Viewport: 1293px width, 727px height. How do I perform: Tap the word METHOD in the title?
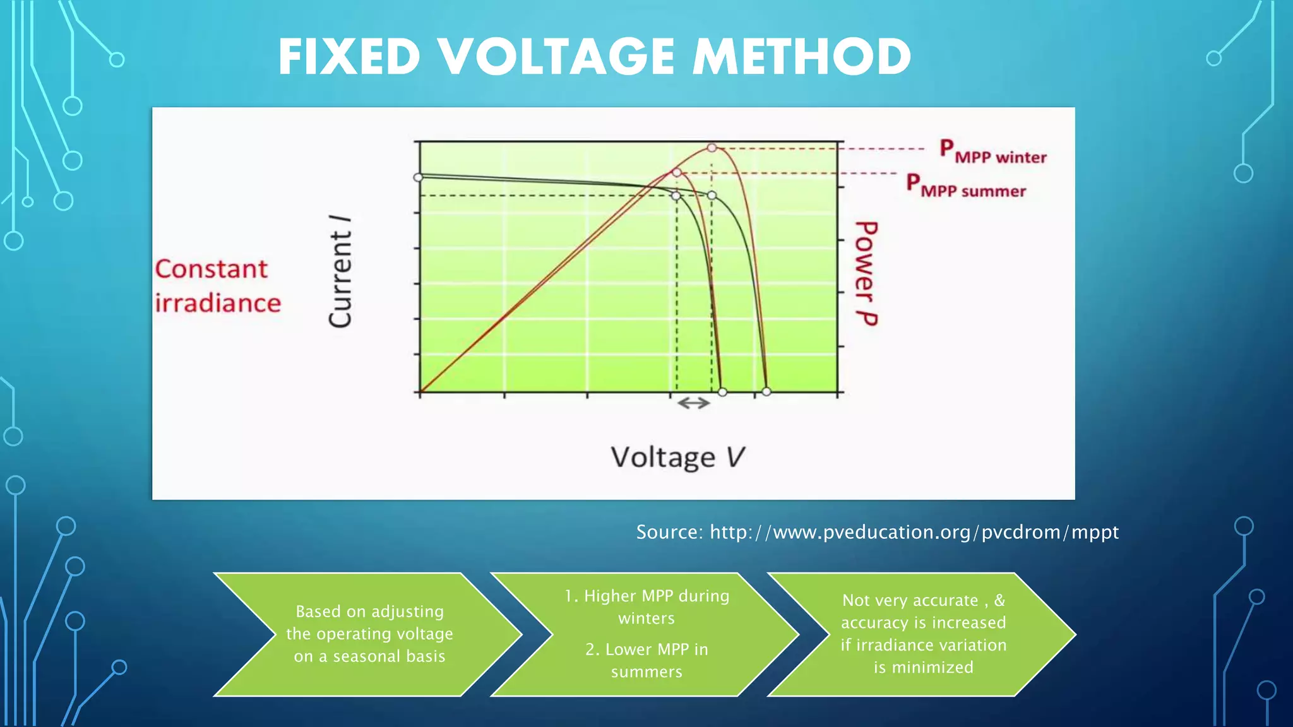(802, 57)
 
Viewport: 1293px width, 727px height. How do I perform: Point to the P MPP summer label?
(966, 186)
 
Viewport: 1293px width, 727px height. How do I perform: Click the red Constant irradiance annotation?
(217, 286)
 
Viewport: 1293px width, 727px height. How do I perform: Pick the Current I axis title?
(340, 271)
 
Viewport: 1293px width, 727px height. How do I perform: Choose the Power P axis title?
(866, 273)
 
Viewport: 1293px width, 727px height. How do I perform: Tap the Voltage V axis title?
(677, 457)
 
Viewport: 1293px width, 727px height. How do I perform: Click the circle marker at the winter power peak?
(712, 148)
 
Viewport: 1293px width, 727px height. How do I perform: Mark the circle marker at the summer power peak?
(677, 172)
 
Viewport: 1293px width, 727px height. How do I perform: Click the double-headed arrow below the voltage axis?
(694, 403)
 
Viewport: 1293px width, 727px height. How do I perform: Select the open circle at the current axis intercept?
(418, 177)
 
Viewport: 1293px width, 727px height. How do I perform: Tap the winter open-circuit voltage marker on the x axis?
(766, 392)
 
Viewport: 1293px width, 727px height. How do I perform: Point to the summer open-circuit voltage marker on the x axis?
(723, 392)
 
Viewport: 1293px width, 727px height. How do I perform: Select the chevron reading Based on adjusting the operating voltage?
(369, 634)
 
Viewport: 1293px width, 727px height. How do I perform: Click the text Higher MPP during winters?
(646, 606)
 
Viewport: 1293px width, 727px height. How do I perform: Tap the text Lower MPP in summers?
(646, 660)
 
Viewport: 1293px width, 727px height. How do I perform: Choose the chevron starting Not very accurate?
(922, 634)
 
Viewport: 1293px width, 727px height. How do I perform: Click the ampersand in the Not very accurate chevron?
(999, 600)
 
